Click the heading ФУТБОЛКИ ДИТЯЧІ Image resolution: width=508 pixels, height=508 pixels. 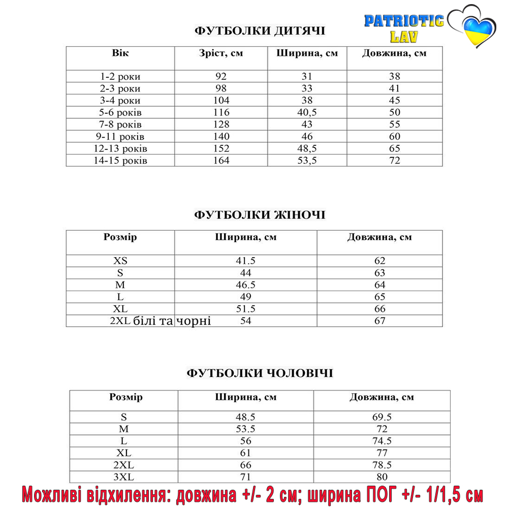pos(260,31)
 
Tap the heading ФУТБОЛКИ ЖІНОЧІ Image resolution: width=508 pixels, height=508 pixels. pos(260,215)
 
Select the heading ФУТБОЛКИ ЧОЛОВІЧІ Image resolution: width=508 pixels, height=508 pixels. pos(260,373)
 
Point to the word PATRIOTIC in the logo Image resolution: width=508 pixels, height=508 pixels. pos(404,21)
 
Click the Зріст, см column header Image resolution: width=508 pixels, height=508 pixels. pos(221,53)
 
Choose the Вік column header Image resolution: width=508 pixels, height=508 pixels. pos(120,53)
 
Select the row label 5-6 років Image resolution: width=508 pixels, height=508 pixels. pos(120,112)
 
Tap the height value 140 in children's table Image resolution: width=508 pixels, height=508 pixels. pos(221,136)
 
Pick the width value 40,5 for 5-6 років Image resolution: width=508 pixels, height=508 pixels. pos(307,112)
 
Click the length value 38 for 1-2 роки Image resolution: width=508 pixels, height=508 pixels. pos(394,77)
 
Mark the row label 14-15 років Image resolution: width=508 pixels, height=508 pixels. pos(120,161)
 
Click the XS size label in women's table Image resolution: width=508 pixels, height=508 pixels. pos(120,261)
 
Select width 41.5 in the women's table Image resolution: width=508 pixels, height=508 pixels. pos(246,261)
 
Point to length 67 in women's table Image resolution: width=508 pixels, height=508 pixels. pos(379,321)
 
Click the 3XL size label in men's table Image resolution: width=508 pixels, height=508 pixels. pos(124,477)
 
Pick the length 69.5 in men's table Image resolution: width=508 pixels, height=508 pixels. pos(382,417)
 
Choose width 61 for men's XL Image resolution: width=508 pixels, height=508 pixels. pos(246,453)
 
